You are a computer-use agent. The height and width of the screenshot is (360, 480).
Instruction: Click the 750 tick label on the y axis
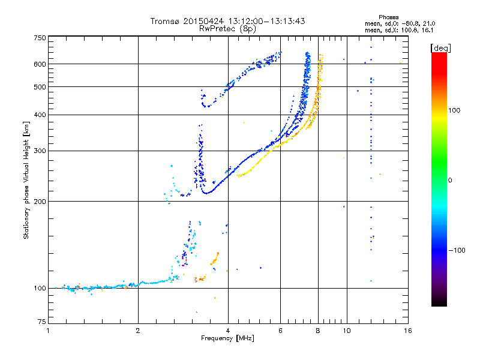click(x=40, y=37)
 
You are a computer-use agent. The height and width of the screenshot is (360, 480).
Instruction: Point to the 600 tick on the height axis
click(x=40, y=64)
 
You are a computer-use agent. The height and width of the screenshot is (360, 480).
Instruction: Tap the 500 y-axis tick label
click(x=40, y=87)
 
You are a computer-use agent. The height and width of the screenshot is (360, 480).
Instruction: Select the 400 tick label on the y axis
click(x=40, y=115)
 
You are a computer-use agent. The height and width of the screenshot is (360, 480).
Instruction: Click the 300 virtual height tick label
click(x=40, y=151)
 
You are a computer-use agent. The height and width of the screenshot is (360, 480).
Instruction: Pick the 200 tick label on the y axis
click(x=40, y=201)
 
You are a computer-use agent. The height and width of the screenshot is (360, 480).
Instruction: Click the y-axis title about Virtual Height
click(x=26, y=180)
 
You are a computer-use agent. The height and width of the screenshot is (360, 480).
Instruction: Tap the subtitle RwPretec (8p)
click(x=228, y=28)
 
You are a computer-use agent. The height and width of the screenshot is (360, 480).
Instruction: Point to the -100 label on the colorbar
click(x=457, y=250)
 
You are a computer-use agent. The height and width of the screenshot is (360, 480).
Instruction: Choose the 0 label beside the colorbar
click(x=451, y=180)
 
